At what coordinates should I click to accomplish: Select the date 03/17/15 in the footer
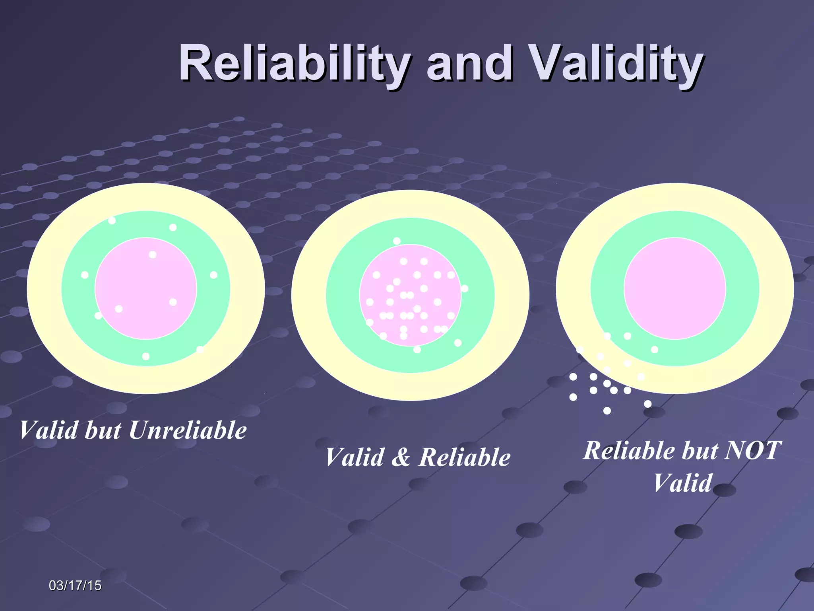coord(75,586)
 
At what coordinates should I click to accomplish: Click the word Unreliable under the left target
coord(188,431)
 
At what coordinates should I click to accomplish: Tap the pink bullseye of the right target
coord(675,288)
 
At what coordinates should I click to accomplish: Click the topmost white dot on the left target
coord(112,220)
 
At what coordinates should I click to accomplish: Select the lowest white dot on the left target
coord(146,356)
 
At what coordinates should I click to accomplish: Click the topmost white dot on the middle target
coord(397,241)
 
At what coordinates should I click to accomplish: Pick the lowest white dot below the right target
coord(607,411)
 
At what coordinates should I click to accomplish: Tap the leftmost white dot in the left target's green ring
coord(85,275)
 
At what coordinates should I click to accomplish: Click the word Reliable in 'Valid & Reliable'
coord(465,457)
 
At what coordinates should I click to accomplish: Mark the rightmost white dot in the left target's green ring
coord(213,275)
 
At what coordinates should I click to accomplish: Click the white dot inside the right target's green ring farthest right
coord(655,350)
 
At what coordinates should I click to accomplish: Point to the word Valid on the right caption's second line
coord(682,483)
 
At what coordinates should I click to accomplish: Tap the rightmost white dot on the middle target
coord(465,288)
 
